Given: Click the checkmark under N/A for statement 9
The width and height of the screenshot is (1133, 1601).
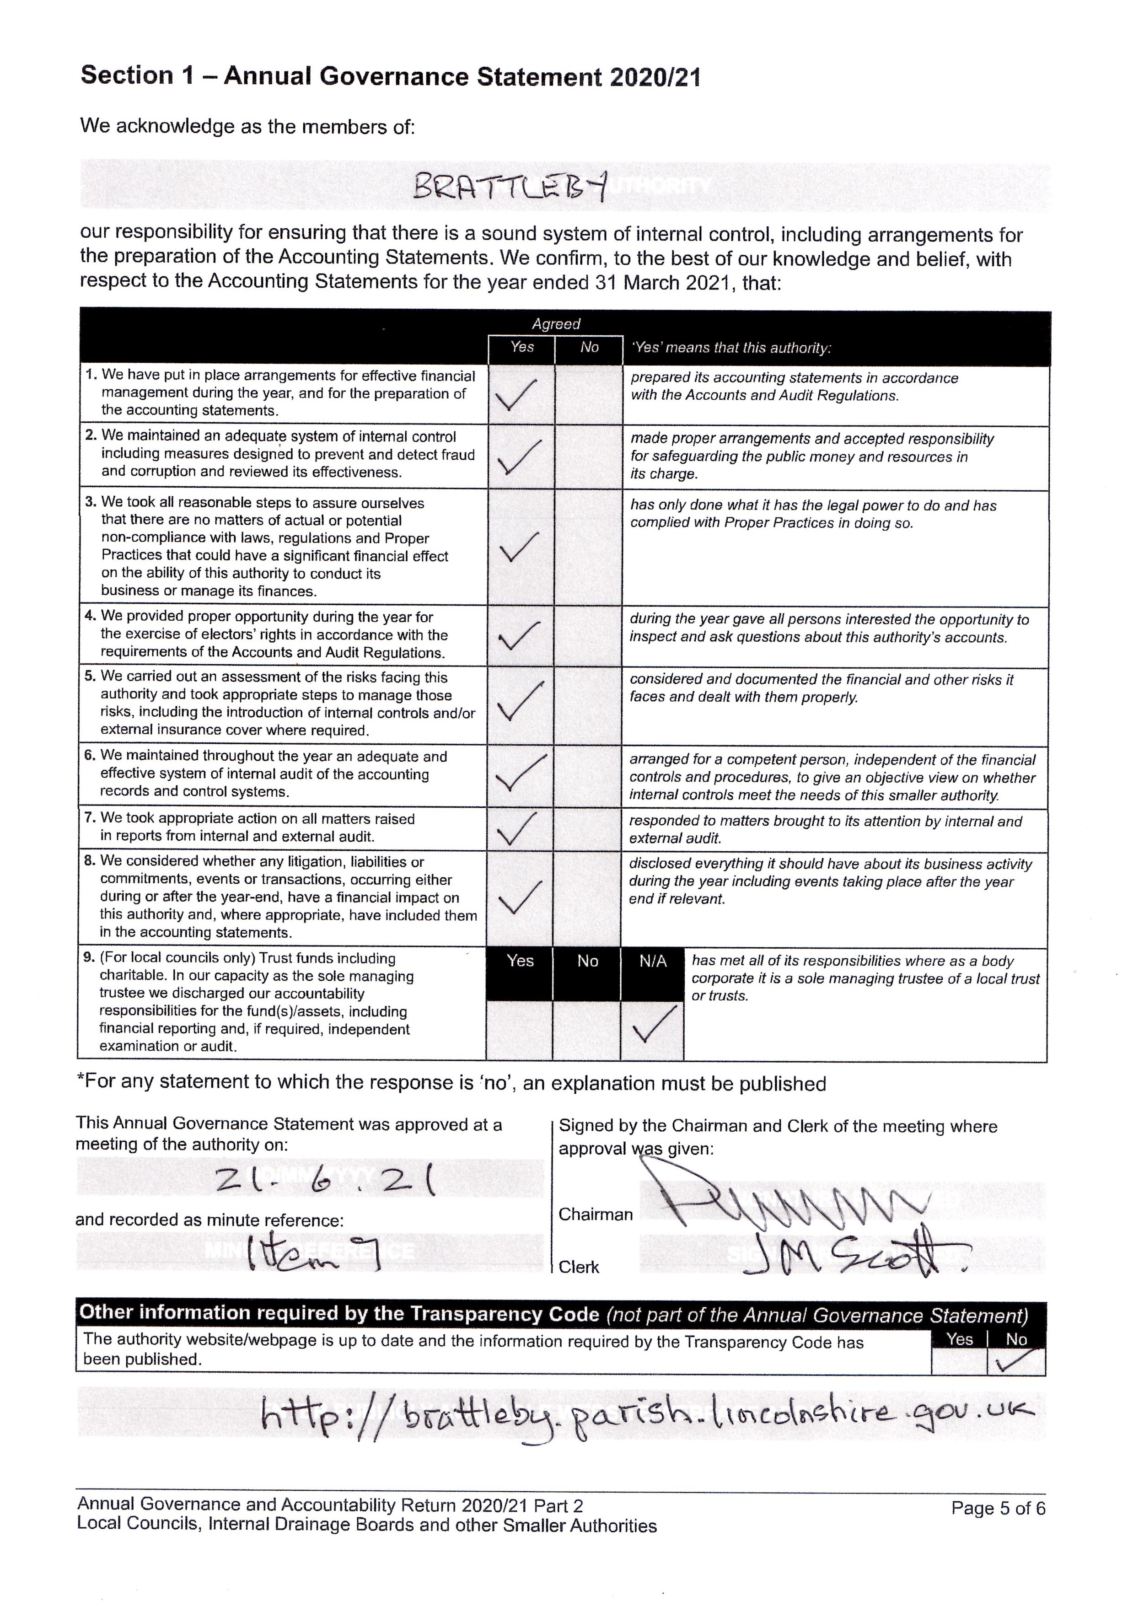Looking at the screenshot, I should click(652, 1024).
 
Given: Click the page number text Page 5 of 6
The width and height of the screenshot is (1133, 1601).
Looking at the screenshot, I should click(998, 1508).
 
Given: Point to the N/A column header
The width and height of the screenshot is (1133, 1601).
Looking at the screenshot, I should click(652, 962).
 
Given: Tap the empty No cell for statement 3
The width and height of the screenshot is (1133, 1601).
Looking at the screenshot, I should click(588, 547).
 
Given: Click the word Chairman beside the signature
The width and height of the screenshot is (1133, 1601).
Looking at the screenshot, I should click(595, 1214).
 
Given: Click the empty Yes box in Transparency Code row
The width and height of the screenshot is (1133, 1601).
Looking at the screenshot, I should click(959, 1362).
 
